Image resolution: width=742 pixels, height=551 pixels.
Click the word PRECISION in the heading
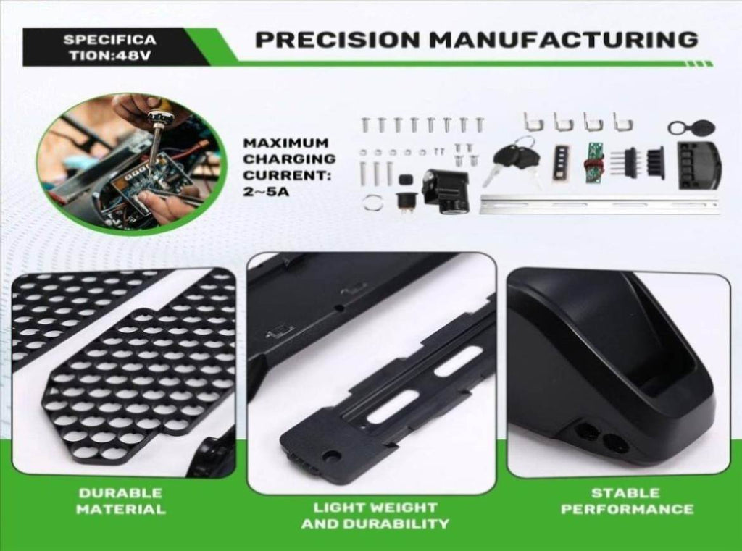click(338, 39)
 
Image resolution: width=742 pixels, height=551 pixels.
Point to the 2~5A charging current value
click(266, 192)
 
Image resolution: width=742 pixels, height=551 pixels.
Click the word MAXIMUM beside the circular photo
click(285, 143)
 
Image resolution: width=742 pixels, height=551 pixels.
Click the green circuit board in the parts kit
click(594, 163)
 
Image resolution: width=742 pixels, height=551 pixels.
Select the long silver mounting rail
click(599, 204)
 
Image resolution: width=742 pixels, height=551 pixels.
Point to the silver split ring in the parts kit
click(374, 203)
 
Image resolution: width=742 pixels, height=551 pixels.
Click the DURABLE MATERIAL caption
click(121, 501)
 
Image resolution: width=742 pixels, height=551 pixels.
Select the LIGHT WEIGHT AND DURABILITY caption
click(375, 516)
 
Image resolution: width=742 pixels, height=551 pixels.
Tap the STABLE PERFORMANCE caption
click(627, 501)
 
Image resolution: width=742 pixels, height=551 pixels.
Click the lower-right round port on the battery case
click(616, 442)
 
